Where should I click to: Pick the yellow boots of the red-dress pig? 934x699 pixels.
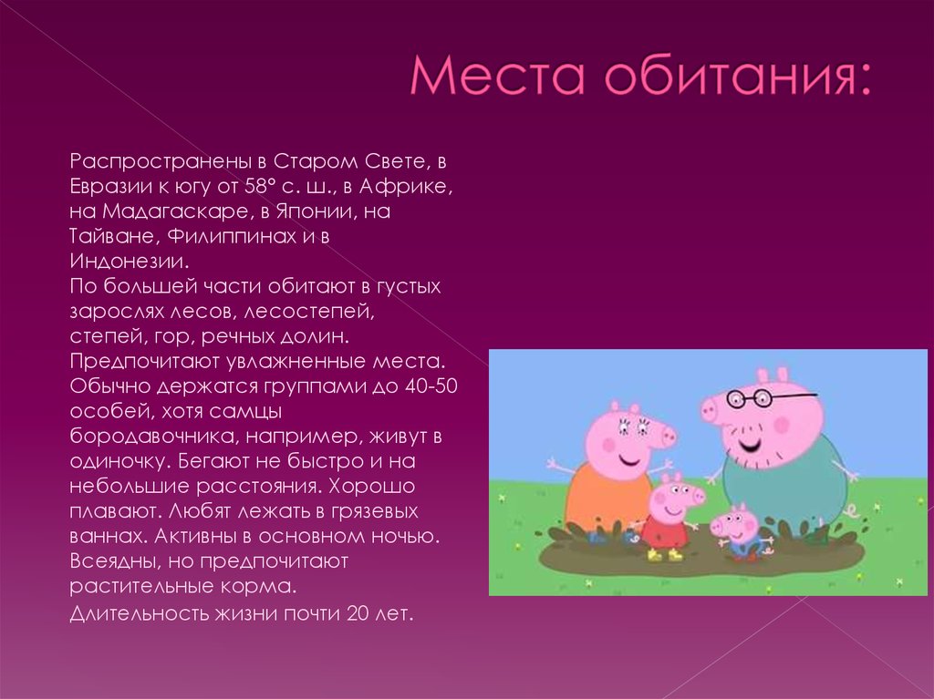[x=663, y=554]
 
